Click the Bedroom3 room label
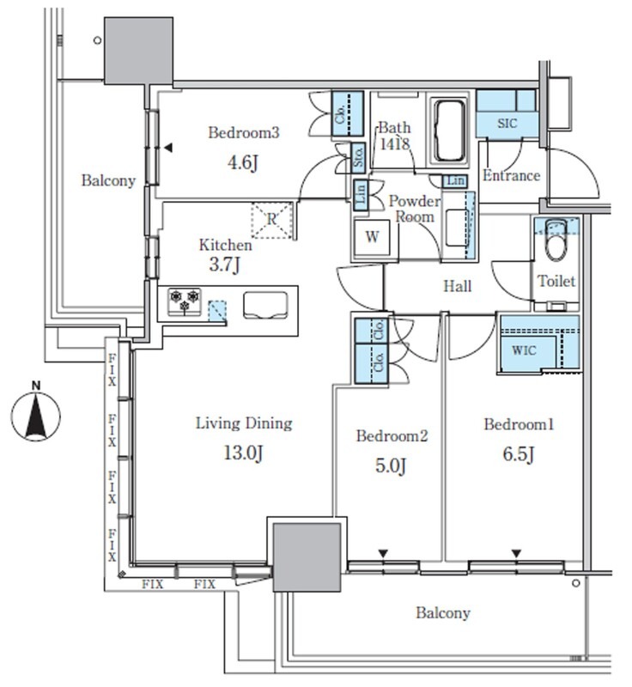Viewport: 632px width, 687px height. pyautogui.click(x=244, y=132)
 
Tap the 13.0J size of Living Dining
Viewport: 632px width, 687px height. pyautogui.click(x=243, y=453)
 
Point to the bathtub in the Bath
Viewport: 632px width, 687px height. pyautogui.click(x=449, y=131)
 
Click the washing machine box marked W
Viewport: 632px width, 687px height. pyautogui.click(x=373, y=237)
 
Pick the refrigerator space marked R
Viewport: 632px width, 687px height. pyautogui.click(x=272, y=221)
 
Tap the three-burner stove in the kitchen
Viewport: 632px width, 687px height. pyautogui.click(x=185, y=301)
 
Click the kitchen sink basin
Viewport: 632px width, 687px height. pyautogui.click(x=266, y=305)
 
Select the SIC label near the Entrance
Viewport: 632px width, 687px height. pyautogui.click(x=507, y=123)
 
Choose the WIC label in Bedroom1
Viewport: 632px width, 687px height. pyautogui.click(x=524, y=350)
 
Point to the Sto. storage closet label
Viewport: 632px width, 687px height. pyautogui.click(x=359, y=156)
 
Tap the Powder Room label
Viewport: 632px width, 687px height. pyautogui.click(x=415, y=209)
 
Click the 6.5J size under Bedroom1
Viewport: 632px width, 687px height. pyautogui.click(x=519, y=454)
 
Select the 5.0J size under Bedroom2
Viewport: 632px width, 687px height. pyautogui.click(x=391, y=465)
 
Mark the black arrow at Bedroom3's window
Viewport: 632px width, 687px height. pyautogui.click(x=168, y=148)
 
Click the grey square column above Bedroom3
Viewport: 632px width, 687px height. pyautogui.click(x=138, y=51)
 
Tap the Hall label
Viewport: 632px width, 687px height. pyautogui.click(x=458, y=287)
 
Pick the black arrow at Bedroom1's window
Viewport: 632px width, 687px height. pyautogui.click(x=517, y=554)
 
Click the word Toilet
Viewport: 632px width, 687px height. pyautogui.click(x=556, y=281)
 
